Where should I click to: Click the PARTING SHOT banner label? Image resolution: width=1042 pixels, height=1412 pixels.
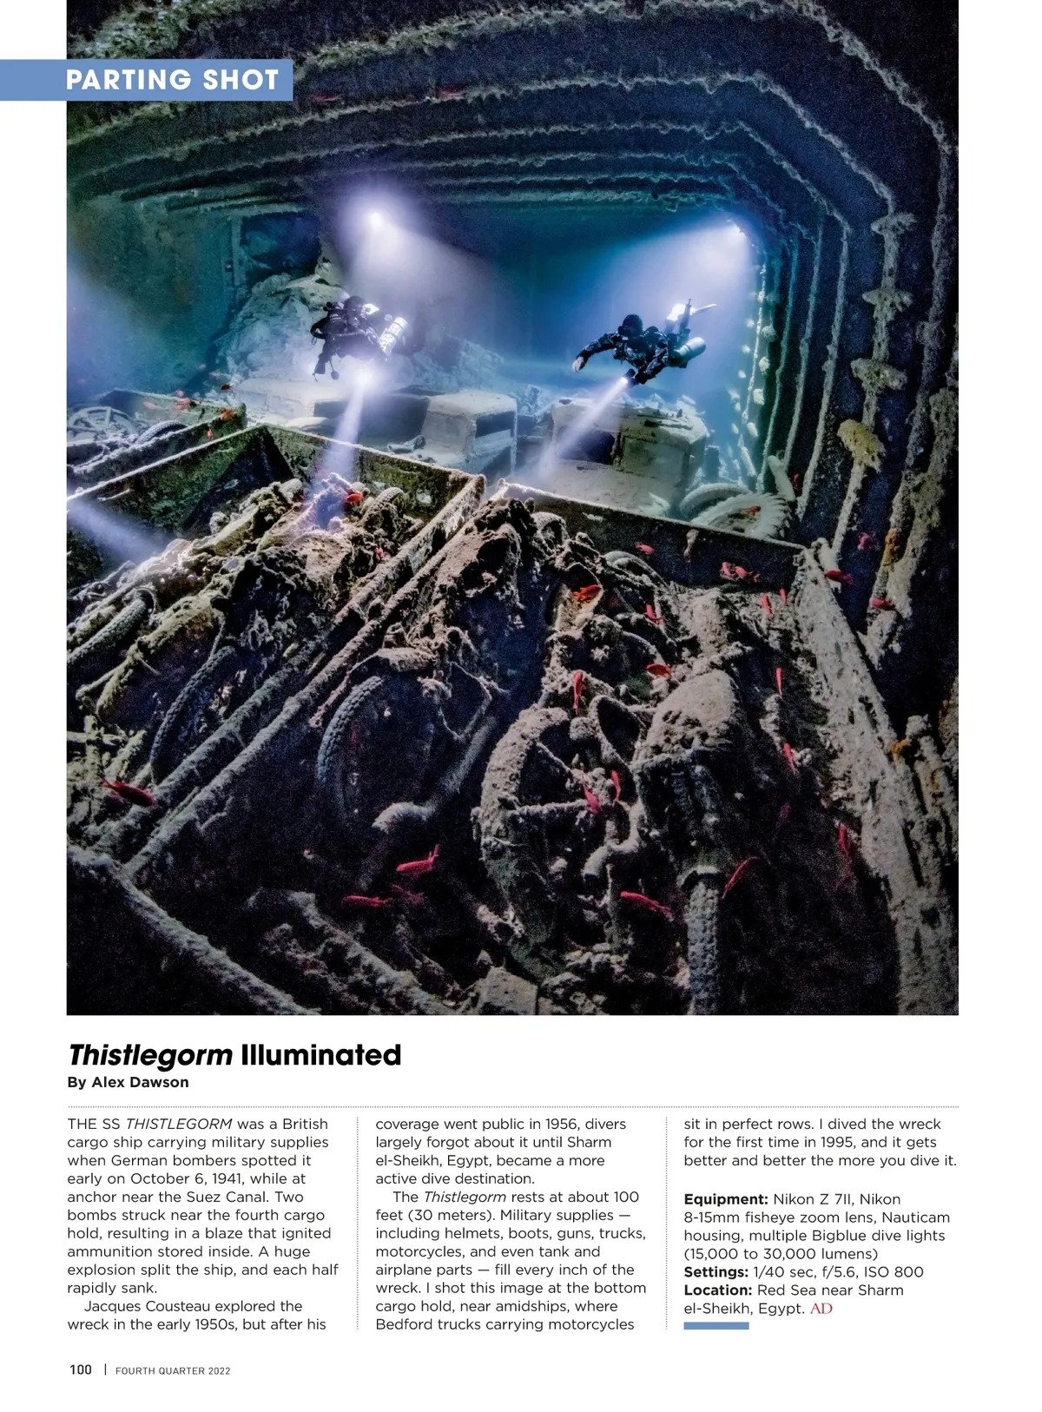[172, 80]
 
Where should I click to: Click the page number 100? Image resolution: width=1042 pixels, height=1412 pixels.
[80, 1369]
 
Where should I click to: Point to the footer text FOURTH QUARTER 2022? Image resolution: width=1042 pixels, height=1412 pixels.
[173, 1370]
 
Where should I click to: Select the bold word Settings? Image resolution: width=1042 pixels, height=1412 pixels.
[716, 1271]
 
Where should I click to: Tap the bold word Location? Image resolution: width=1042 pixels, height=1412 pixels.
[718, 1290]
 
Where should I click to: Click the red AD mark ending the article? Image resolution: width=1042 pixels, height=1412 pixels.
[821, 1308]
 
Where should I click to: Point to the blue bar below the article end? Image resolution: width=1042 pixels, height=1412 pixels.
[716, 1326]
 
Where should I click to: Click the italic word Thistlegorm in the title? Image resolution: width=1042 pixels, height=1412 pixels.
[150, 1055]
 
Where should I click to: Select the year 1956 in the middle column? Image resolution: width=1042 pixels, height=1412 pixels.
[563, 1124]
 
